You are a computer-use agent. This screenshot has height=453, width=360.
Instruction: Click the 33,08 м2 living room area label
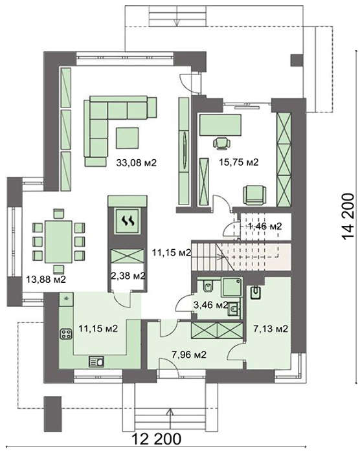click(x=136, y=162)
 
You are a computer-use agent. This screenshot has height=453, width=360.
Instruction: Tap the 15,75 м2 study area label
click(x=238, y=162)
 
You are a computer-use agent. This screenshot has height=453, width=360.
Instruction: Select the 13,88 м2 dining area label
click(x=46, y=280)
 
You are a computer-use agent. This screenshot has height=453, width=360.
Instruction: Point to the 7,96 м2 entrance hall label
click(x=189, y=355)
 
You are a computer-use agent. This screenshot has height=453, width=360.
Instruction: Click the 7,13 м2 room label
click(x=271, y=329)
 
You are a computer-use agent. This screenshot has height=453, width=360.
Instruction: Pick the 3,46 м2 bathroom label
click(x=211, y=305)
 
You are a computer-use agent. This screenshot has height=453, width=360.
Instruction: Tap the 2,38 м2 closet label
click(x=128, y=276)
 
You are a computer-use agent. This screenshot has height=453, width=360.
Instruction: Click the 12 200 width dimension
click(x=157, y=439)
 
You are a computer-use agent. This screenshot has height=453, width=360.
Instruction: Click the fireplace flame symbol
click(x=128, y=221)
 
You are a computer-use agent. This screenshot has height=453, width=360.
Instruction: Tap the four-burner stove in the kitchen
click(x=66, y=334)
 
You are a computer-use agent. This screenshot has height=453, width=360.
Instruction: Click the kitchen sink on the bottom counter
click(x=96, y=362)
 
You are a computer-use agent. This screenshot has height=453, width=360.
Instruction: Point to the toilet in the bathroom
click(x=208, y=286)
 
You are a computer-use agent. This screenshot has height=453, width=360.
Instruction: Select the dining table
click(x=58, y=242)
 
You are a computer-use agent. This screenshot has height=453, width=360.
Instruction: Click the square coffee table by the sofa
click(x=128, y=138)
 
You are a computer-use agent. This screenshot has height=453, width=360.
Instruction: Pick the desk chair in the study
click(x=222, y=144)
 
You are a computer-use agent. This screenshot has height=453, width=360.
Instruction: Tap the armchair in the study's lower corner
click(x=254, y=195)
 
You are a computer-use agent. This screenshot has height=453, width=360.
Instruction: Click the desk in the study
click(x=220, y=125)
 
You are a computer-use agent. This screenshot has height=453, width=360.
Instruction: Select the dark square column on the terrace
click(x=297, y=60)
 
